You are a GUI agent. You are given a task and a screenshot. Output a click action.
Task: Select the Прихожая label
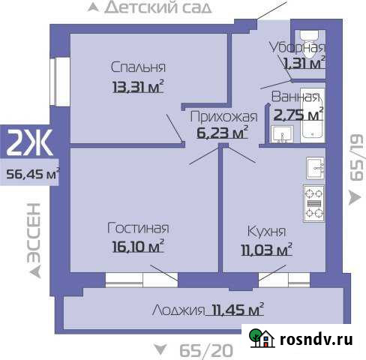click(223, 116)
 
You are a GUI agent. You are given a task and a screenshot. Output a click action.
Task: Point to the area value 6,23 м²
click(222, 133)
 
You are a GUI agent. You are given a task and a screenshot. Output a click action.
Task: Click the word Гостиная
click(138, 228)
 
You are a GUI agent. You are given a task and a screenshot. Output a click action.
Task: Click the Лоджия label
click(178, 310)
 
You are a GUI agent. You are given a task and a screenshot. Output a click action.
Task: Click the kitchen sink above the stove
click(313, 166)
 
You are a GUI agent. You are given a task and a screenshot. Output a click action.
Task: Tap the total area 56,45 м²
click(32, 174)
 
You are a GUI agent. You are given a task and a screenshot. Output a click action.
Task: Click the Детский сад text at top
click(157, 8)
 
